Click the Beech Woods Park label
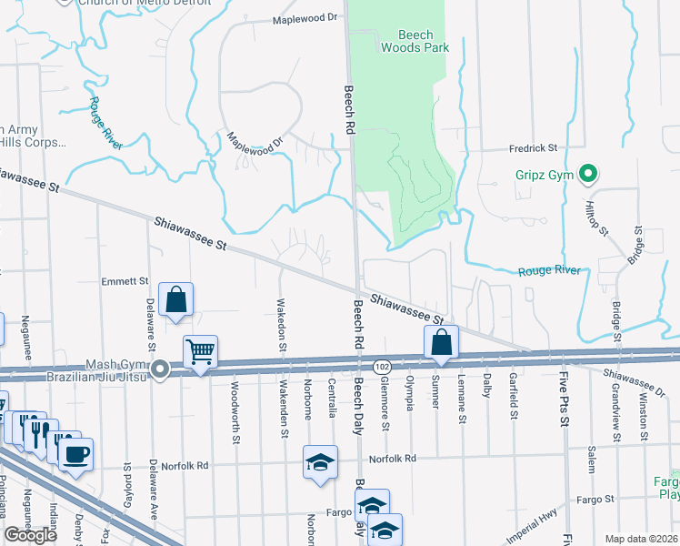pos(415,41)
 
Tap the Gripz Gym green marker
pos(587,172)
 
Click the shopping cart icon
pos(200,351)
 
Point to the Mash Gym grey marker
pos(160,369)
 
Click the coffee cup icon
pos(75,452)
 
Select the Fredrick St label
pos(532,147)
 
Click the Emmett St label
pos(125,281)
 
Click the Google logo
pos(31,535)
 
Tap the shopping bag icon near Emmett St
pos(175,299)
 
